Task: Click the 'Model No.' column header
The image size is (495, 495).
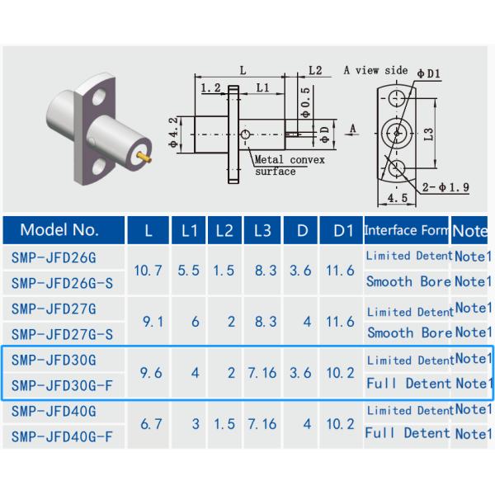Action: coord(59,230)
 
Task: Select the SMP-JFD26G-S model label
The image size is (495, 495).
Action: coord(62,282)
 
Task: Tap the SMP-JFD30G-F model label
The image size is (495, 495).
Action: coord(62,384)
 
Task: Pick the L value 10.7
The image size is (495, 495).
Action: coord(148,270)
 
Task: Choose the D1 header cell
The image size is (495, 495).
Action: coord(342,230)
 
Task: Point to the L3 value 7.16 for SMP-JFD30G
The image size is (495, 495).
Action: coord(262,373)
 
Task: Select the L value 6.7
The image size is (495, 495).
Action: coord(148,424)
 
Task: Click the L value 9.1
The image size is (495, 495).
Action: coord(148,322)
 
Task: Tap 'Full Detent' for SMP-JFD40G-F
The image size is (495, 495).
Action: coord(408,432)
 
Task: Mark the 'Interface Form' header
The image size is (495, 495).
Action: coord(406,230)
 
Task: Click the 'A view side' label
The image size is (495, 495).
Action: coord(375,71)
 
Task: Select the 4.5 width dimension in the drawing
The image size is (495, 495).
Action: coord(397,198)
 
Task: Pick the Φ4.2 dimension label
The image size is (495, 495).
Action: coord(173,132)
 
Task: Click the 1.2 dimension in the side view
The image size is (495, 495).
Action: coord(210,87)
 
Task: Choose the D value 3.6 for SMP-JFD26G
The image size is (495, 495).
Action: coord(300,270)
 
